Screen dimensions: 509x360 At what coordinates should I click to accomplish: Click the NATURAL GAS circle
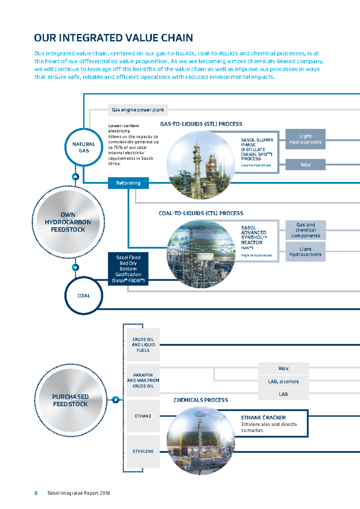84,147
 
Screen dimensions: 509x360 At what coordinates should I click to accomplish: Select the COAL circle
84,296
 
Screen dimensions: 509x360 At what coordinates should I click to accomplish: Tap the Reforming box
128,183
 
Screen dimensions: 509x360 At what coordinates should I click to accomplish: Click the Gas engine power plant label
138,110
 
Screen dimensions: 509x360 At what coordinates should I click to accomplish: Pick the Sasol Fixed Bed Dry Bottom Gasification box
128,269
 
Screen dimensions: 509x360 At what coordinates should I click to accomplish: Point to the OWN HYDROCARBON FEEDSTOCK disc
68,222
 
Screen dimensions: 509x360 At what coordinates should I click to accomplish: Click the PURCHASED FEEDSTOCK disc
70,400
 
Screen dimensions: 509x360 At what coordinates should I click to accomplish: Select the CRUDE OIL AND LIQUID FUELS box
143,345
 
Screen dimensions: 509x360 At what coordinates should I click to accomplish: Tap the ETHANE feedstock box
143,416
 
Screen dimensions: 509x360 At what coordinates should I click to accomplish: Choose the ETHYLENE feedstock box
143,451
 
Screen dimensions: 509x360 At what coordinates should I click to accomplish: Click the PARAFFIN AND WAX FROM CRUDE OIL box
143,381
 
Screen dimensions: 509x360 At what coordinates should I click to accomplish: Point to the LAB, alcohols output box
283,381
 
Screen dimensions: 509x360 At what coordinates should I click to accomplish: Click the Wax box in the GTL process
305,164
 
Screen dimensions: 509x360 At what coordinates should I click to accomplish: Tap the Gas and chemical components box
305,230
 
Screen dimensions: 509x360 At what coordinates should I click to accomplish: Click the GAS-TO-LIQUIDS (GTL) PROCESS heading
201,124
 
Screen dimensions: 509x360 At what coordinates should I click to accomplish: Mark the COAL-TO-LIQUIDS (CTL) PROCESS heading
201,213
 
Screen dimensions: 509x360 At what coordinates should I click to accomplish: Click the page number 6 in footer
36,493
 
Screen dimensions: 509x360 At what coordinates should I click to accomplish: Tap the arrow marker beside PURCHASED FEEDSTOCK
115,400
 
